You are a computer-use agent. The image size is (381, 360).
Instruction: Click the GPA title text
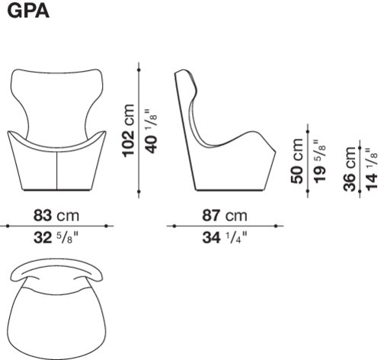coord(28,11)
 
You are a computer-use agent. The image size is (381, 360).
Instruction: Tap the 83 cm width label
coord(56,215)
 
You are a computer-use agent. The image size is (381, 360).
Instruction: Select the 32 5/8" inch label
coord(56,238)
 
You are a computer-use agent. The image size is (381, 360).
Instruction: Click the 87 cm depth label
coord(225,215)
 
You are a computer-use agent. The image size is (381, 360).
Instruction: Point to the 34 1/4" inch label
coord(225,238)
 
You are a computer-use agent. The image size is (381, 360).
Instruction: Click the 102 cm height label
coord(128,130)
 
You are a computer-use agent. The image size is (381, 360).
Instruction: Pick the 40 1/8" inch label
coord(151,131)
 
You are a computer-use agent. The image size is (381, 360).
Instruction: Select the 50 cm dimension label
coord(297,161)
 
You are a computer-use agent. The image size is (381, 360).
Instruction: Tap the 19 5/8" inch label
coord(319,161)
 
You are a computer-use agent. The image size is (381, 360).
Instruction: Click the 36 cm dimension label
coord(350,169)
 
